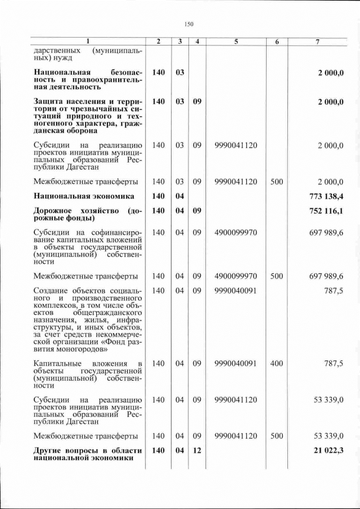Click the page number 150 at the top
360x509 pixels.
click(188, 24)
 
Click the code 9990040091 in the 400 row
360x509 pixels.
click(236, 364)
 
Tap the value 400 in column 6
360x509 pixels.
click(276, 364)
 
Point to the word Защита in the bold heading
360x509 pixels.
click(50, 101)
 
